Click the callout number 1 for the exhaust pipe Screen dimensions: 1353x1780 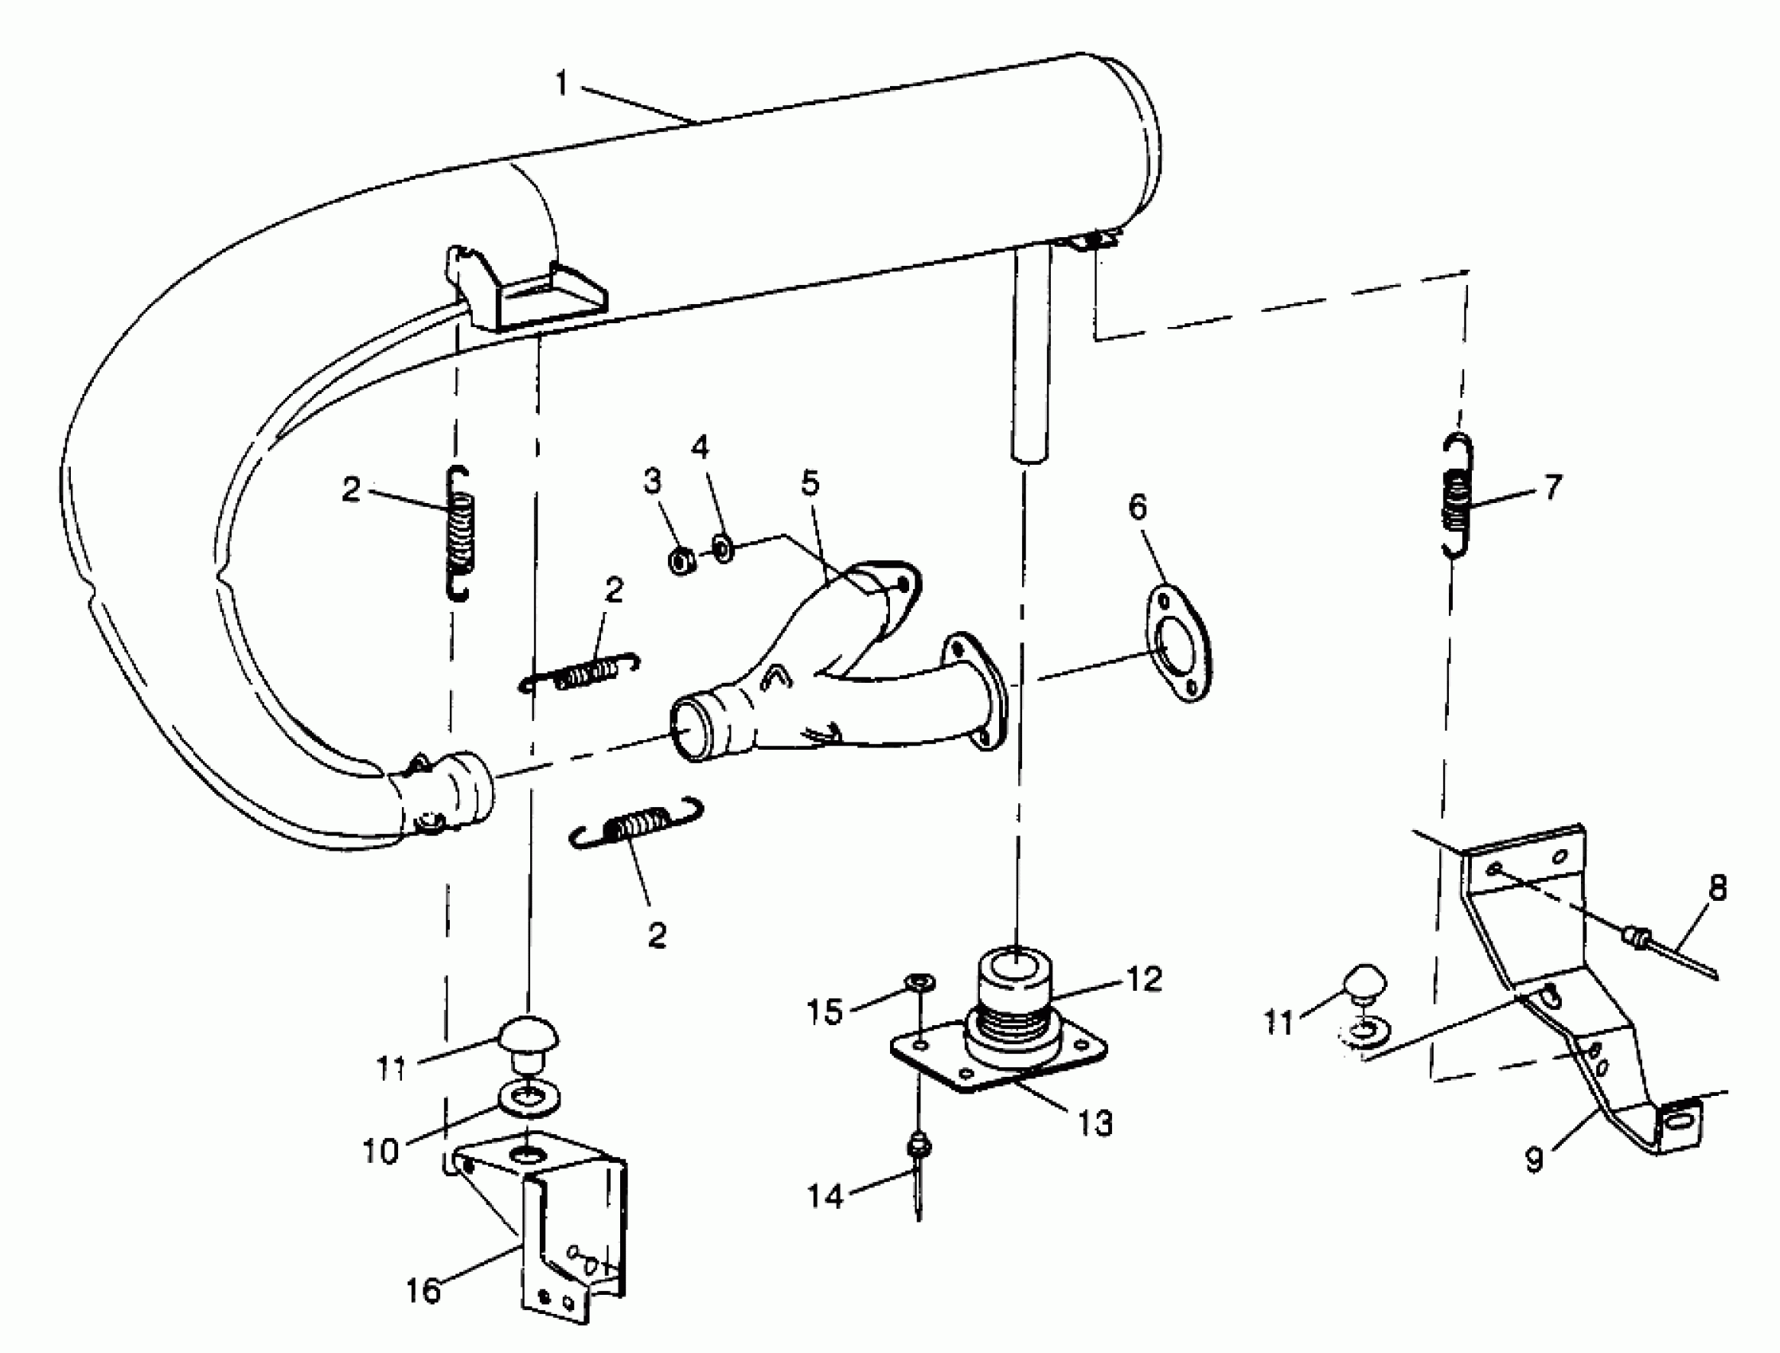pos(561,84)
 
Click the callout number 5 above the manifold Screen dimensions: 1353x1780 pos(810,483)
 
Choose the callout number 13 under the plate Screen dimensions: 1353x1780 pos(1095,1122)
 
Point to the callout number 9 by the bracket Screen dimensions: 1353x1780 pos(1534,1160)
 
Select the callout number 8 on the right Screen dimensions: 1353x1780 pos(1718,888)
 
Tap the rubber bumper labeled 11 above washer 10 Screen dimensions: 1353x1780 pos(529,1039)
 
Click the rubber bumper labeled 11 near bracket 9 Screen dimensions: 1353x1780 pos(1364,983)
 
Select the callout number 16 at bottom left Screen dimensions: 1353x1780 pos(424,1290)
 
